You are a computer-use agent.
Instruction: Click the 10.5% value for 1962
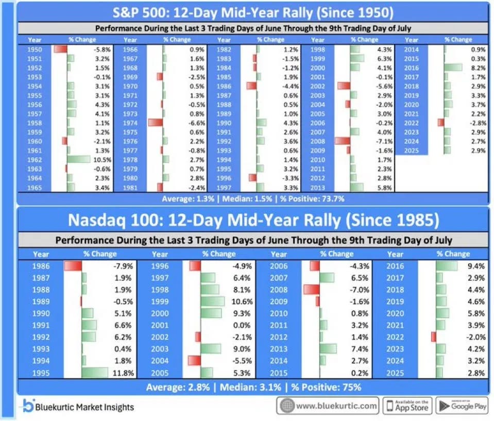tap(102, 160)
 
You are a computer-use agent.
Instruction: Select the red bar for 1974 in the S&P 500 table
tap(156, 123)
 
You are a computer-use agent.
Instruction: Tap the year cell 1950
tap(35, 49)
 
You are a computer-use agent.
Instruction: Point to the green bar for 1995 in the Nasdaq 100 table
tap(95, 373)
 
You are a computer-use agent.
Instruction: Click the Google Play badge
tap(463, 406)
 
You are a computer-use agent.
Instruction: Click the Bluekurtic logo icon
tap(28, 405)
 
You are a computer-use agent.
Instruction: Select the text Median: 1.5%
tap(247, 199)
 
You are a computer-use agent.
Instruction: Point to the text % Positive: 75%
tap(326, 387)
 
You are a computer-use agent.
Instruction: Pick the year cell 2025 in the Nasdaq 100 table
tap(395, 373)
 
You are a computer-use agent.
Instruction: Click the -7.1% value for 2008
tap(384, 141)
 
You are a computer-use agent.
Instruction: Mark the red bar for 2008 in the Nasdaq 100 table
tap(312, 290)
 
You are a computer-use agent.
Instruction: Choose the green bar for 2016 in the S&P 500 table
tap(453, 68)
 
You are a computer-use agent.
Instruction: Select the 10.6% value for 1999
tap(242, 301)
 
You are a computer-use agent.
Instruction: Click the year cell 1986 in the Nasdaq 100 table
tap(41, 266)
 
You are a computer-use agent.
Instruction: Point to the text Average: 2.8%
tap(178, 387)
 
